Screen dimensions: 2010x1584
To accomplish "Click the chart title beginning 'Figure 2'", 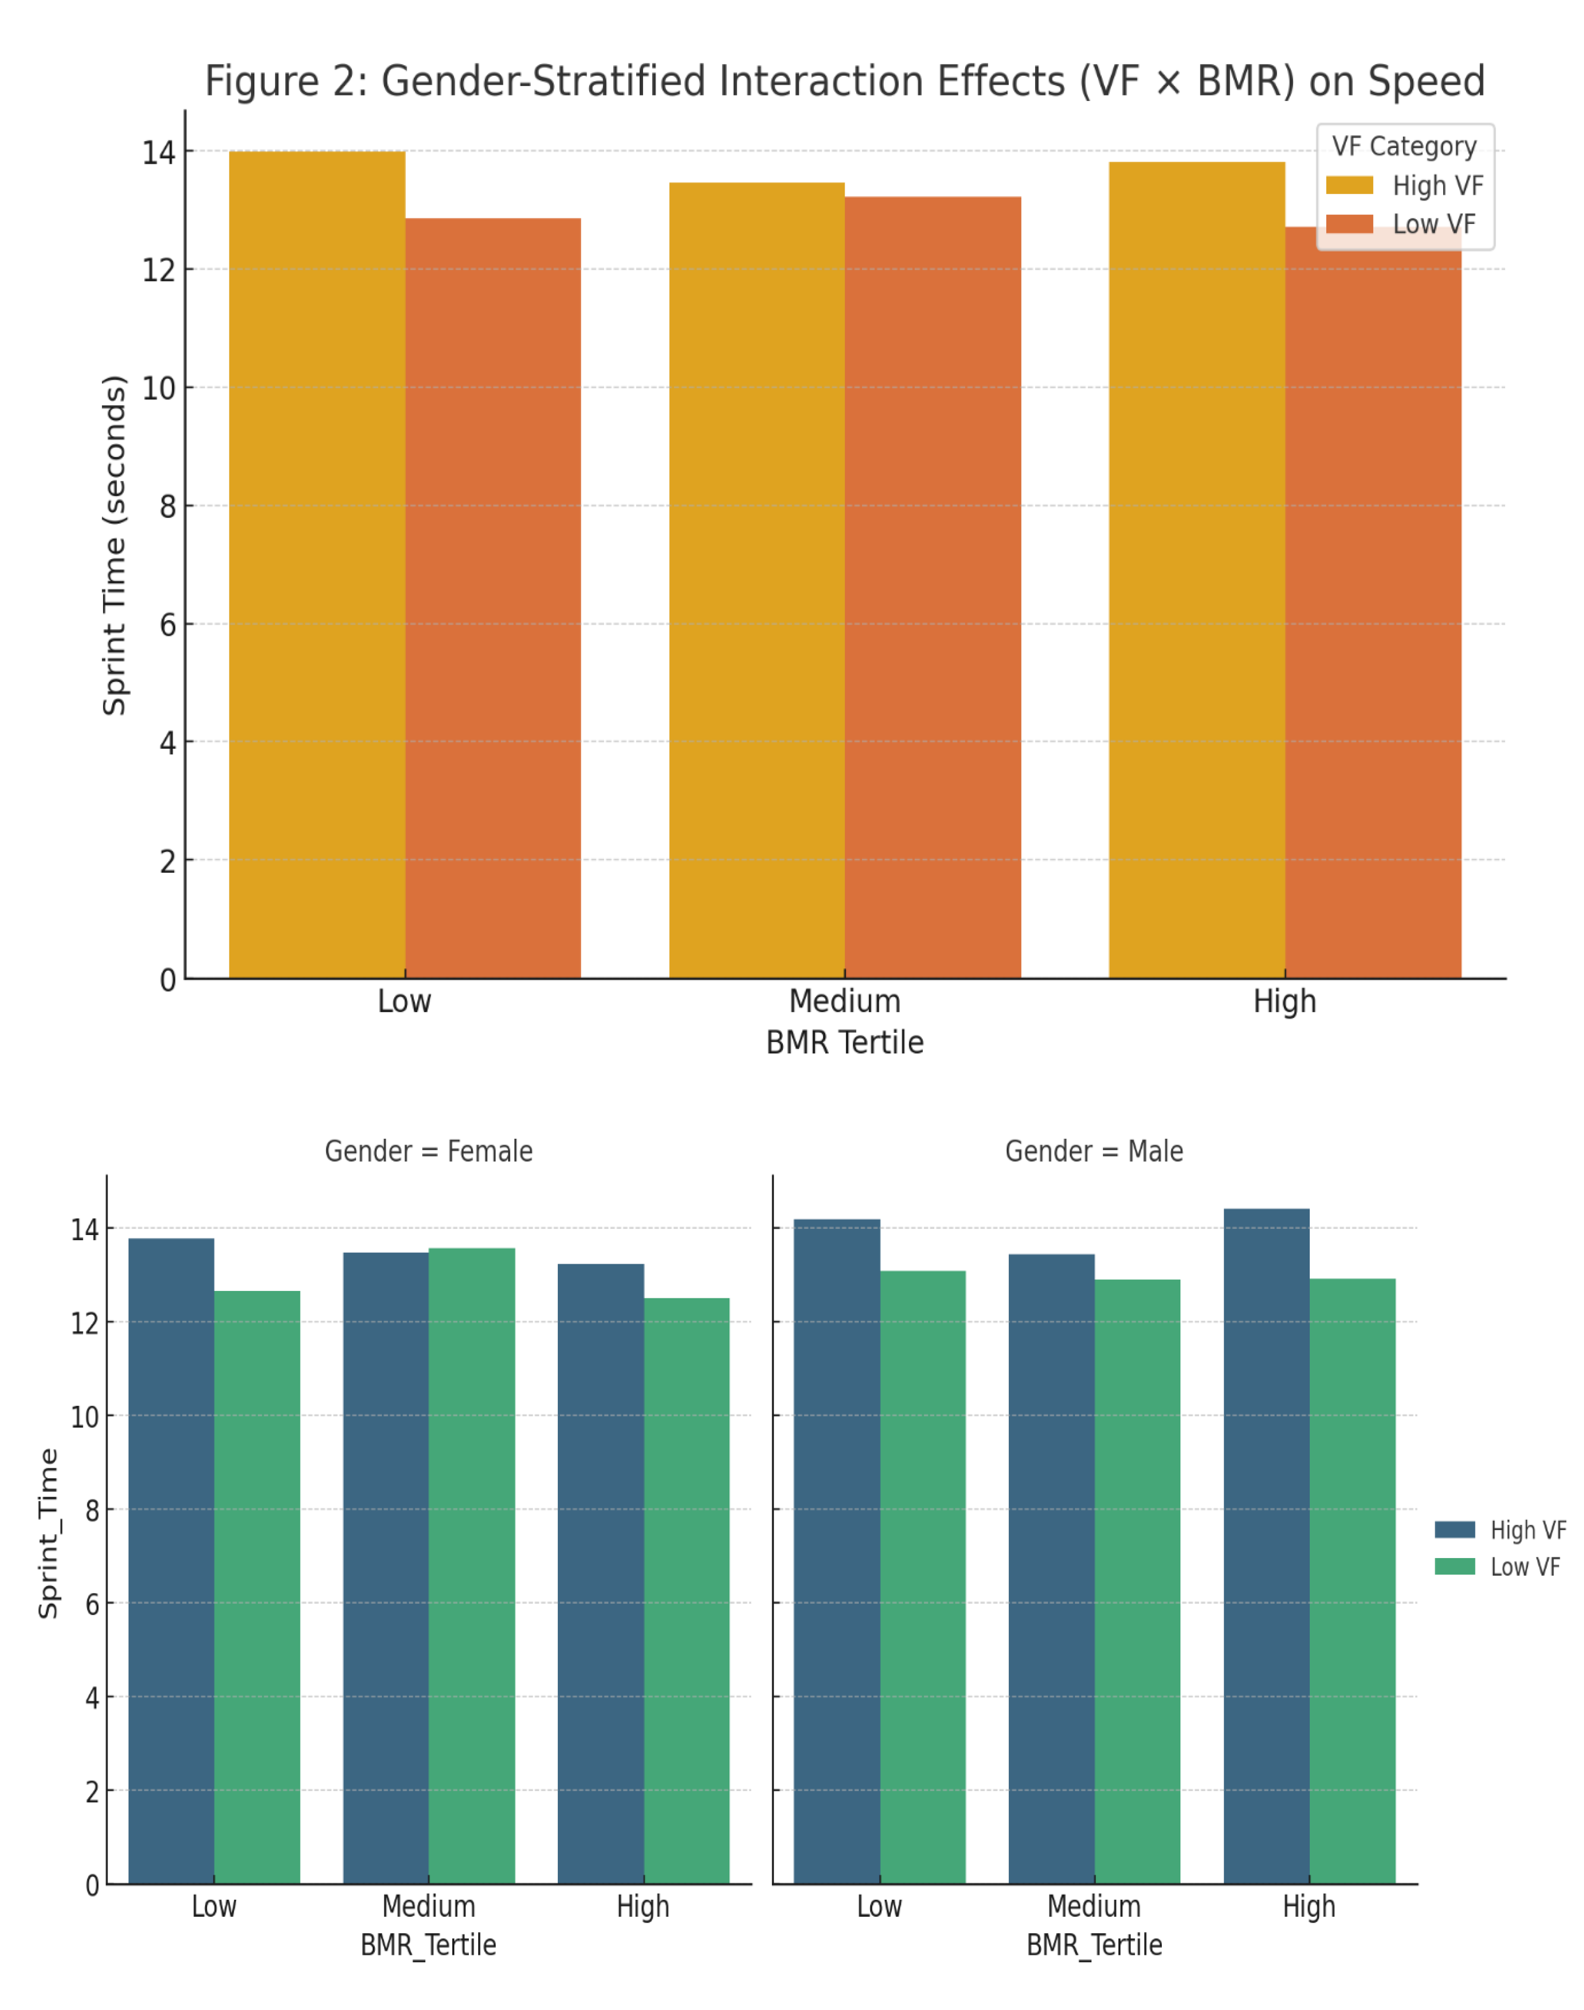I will click(844, 82).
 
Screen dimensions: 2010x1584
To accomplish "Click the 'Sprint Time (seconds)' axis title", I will click(114, 545).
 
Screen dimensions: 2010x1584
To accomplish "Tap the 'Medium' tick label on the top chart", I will click(844, 1002).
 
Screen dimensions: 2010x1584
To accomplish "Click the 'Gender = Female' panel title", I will click(429, 1151).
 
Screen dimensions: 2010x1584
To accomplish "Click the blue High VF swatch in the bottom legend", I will click(1454, 1530).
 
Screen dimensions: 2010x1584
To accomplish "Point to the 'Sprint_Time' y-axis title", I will click(48, 1533).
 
